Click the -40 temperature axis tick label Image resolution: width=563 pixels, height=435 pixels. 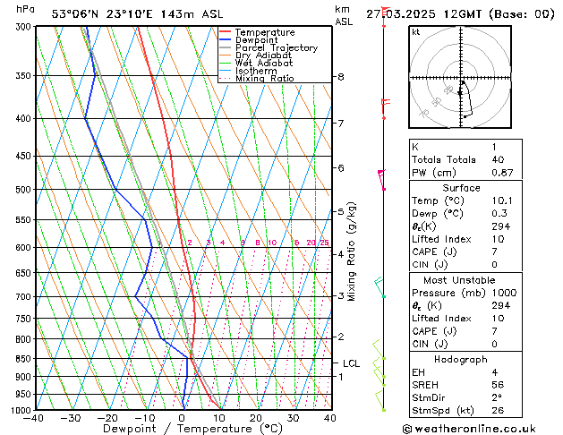(x=35, y=418)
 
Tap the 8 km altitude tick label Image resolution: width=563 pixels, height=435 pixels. (x=341, y=77)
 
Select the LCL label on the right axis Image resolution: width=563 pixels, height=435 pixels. (x=351, y=363)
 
